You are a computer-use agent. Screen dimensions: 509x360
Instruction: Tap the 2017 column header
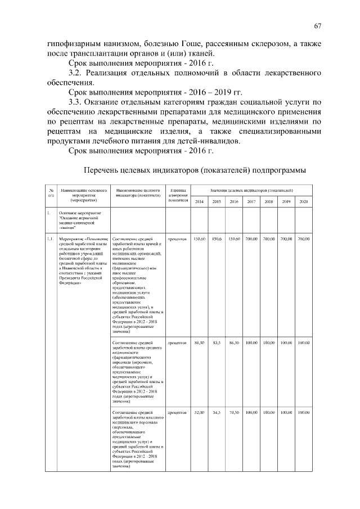[251, 201]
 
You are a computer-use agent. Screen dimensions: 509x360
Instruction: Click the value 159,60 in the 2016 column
[234, 240]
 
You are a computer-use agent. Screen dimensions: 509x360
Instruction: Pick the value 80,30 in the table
[199, 342]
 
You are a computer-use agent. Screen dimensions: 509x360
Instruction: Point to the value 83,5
[217, 342]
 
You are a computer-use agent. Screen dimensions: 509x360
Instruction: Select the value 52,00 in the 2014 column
[199, 413]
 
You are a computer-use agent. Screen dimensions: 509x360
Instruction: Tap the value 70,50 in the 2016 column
[234, 413]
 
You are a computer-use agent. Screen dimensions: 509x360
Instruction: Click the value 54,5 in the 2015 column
[217, 413]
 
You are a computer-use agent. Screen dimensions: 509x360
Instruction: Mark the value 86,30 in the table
[234, 342]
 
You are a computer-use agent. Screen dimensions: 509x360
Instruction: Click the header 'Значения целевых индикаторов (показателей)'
[251, 191]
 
